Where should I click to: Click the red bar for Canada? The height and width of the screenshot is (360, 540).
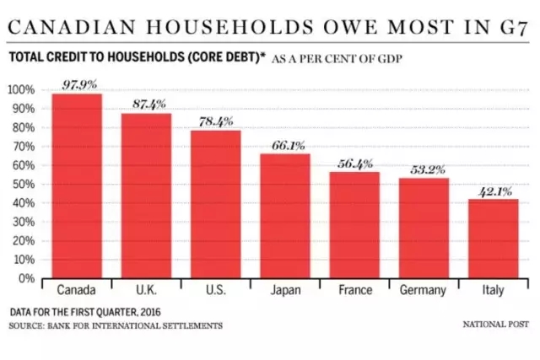click(x=77, y=185)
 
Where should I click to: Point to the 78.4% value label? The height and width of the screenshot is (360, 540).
click(x=215, y=121)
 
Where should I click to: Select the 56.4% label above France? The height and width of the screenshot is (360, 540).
click(x=354, y=164)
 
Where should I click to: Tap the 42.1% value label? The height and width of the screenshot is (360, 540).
click(x=493, y=191)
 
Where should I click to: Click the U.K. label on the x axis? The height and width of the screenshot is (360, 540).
click(x=146, y=290)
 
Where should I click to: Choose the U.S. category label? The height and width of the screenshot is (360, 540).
click(x=215, y=290)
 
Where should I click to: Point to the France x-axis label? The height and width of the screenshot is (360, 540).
click(x=354, y=290)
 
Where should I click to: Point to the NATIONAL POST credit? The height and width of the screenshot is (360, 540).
click(x=494, y=325)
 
